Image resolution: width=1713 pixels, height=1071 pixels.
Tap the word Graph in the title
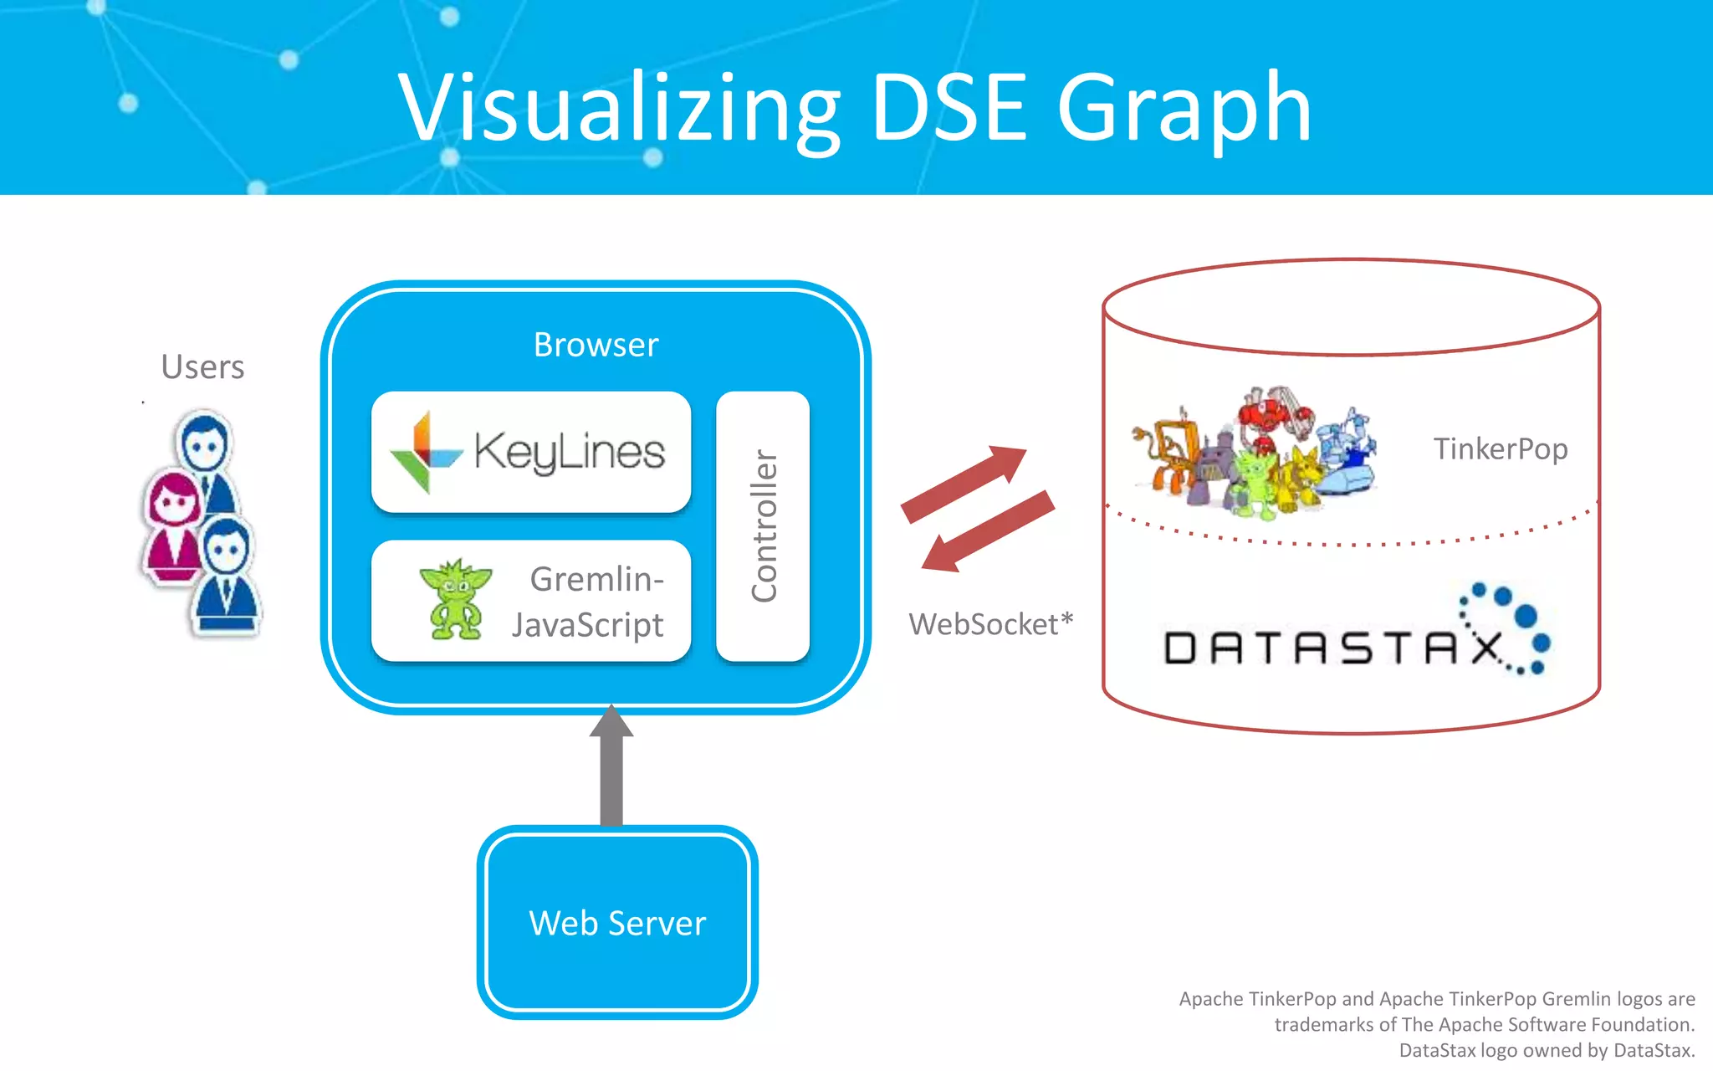pos(1184,109)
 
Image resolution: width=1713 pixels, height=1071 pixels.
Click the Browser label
pos(596,345)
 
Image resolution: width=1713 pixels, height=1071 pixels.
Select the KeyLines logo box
pos(531,452)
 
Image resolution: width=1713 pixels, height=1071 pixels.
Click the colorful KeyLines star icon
pos(425,453)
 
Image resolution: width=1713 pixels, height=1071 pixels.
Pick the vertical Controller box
pos(763,526)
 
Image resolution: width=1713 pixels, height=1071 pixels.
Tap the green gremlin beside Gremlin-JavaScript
pos(455,599)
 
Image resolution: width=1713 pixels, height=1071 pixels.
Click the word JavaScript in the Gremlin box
pos(587,624)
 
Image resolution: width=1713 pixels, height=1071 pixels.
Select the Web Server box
pos(617,922)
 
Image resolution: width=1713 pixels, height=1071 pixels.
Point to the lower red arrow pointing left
pos(987,532)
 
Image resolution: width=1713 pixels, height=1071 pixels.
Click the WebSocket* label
pos(990,624)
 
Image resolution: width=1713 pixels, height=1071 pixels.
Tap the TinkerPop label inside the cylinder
pos(1501,448)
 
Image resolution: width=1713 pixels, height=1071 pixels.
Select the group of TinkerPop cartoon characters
pos(1255,452)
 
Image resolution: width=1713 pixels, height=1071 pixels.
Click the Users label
pos(202,366)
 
